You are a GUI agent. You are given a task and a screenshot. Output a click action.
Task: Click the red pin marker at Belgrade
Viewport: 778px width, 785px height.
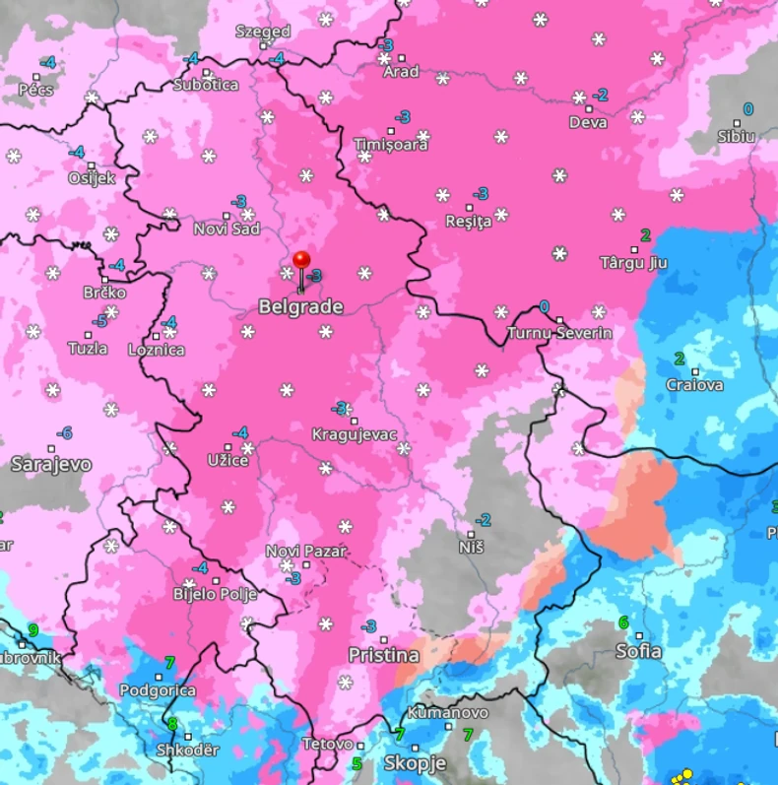tap(301, 262)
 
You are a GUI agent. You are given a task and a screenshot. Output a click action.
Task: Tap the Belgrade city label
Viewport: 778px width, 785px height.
tap(300, 307)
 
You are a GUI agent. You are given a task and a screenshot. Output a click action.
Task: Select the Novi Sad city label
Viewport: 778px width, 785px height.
tap(227, 229)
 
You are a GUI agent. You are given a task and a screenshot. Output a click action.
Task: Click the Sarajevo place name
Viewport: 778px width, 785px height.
tap(51, 464)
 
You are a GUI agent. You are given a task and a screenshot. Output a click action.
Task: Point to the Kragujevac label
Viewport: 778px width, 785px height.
tap(354, 434)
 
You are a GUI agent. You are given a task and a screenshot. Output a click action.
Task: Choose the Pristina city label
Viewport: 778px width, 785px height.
tap(383, 655)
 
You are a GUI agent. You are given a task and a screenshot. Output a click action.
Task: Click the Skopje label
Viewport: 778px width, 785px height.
tap(415, 763)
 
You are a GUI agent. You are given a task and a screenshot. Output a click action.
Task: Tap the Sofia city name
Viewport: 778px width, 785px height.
tap(638, 651)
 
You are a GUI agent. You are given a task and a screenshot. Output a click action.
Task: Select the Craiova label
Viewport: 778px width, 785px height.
tap(694, 384)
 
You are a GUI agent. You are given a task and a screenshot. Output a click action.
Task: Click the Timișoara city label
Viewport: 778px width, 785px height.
tap(391, 145)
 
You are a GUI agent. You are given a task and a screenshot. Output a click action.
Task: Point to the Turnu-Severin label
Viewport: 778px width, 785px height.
tap(559, 333)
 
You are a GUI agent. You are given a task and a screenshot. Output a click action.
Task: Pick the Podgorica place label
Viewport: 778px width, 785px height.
tap(158, 690)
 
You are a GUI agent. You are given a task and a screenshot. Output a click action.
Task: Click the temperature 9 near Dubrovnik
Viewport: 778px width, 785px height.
tap(33, 630)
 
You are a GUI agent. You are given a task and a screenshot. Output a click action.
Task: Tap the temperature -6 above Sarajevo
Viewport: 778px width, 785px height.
tap(64, 433)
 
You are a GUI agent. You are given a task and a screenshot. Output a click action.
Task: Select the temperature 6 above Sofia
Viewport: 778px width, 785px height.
tap(622, 622)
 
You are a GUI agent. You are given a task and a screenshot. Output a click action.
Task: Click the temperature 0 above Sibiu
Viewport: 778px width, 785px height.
tap(747, 109)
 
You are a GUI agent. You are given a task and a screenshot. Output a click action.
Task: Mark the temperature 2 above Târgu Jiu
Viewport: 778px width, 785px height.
tap(645, 234)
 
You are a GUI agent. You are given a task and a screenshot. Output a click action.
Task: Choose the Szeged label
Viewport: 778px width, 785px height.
tap(263, 32)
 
